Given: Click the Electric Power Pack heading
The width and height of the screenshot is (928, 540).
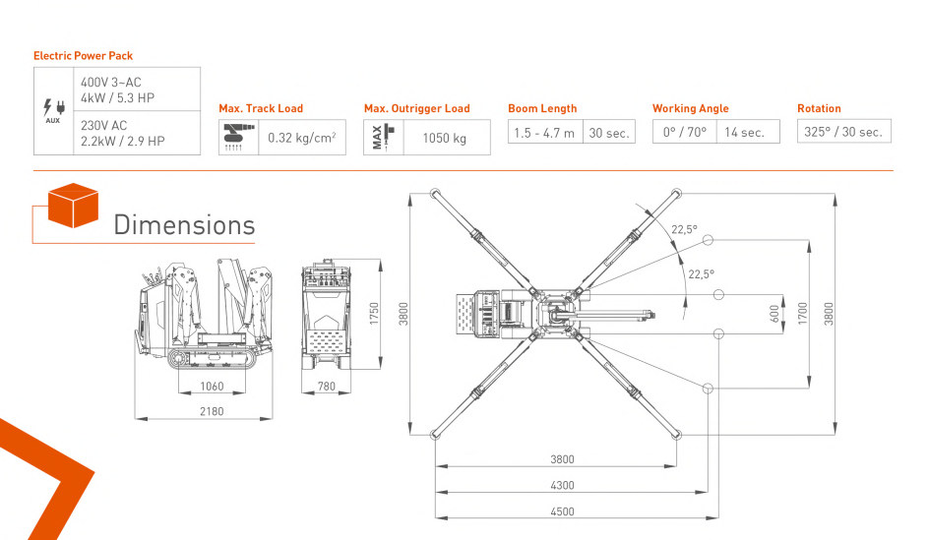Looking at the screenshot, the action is (x=83, y=56).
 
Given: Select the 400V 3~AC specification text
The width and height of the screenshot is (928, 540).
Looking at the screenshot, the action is (x=110, y=83).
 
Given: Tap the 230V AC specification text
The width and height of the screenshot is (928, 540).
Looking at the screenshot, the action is (x=103, y=125).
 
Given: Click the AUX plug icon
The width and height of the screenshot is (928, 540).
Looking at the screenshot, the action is (x=53, y=110).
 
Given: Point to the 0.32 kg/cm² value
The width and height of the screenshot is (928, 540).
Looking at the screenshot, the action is (x=302, y=138).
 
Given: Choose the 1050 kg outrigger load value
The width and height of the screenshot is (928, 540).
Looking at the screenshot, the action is (x=445, y=138).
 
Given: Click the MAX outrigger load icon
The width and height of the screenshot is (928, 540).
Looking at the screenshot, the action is (x=383, y=137).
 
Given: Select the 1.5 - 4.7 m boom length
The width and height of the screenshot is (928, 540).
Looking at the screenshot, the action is (x=544, y=133).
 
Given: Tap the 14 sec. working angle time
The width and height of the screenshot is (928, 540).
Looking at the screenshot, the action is (x=744, y=133).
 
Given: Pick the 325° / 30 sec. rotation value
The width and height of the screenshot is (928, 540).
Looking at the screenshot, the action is (x=842, y=132).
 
